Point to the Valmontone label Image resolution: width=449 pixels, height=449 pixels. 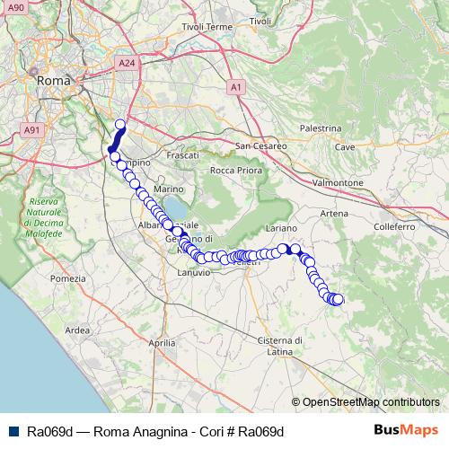(x=337, y=182)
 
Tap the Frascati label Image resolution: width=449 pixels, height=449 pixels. (x=182, y=155)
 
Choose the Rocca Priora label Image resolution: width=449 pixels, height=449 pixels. (x=234, y=170)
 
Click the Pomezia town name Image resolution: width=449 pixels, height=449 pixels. (x=67, y=279)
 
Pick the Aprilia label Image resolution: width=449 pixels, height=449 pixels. (x=161, y=343)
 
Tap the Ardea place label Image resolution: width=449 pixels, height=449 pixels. (x=78, y=330)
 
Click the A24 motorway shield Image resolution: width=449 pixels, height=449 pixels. (x=127, y=64)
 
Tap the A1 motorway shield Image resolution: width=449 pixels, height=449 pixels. (x=236, y=87)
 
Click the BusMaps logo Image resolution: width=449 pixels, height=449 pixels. (x=406, y=430)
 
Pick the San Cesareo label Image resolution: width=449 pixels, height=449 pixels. (x=260, y=145)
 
